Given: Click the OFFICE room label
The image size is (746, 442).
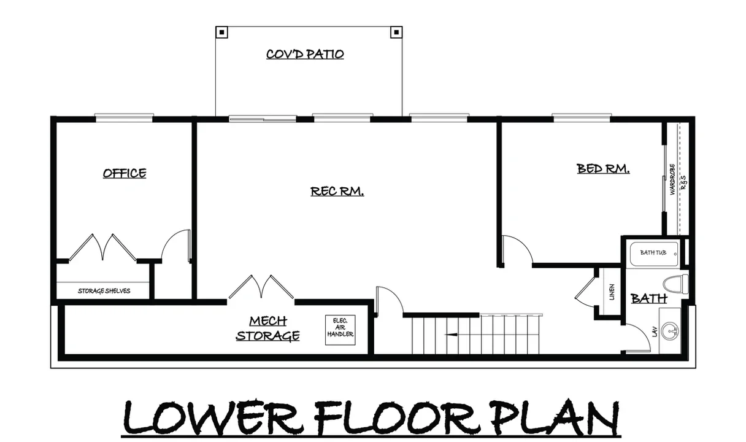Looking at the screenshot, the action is click(125, 173).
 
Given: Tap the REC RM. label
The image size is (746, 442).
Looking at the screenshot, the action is click(337, 192).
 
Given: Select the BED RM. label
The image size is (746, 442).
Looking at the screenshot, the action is click(603, 169).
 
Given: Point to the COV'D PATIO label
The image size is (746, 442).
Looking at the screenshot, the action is click(305, 54).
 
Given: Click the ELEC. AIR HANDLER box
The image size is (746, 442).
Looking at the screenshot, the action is click(340, 330).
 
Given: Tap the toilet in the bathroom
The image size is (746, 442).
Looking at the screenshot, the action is click(675, 284).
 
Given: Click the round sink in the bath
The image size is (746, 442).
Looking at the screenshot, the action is click(670, 331).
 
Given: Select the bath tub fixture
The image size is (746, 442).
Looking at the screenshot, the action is click(653, 254).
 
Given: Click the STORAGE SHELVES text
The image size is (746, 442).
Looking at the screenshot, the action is click(104, 291).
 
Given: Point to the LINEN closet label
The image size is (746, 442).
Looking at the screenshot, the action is click(612, 292).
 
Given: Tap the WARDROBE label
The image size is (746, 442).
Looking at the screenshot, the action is click(672, 179).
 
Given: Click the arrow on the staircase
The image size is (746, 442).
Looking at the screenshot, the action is click(452, 335).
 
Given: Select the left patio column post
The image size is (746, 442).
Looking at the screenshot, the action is click(222, 33).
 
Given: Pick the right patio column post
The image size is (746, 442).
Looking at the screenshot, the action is click(396, 33).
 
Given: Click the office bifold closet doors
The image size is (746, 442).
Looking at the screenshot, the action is click(102, 247).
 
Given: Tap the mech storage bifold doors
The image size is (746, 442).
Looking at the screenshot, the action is click(261, 287).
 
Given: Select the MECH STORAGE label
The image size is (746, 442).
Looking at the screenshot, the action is click(267, 328).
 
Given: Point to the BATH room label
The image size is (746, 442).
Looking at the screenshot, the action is click(648, 298).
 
